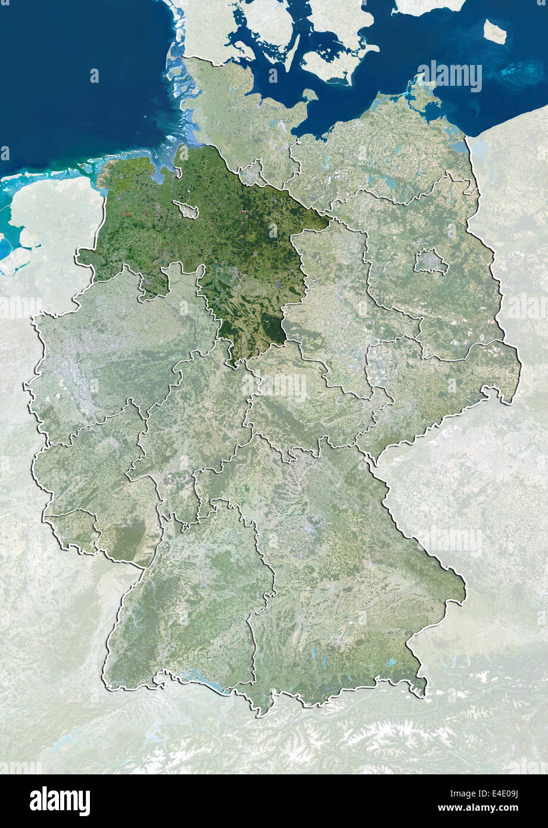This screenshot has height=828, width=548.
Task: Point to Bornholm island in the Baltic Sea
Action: [494, 31]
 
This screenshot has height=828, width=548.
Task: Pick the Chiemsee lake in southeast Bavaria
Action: [390, 662]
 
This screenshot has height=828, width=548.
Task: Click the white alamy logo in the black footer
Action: [60, 801]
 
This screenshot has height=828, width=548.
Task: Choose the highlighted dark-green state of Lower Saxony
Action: [226, 238]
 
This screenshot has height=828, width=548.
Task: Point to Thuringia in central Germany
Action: [298, 399]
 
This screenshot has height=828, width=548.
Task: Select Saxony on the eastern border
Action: [435, 381]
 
